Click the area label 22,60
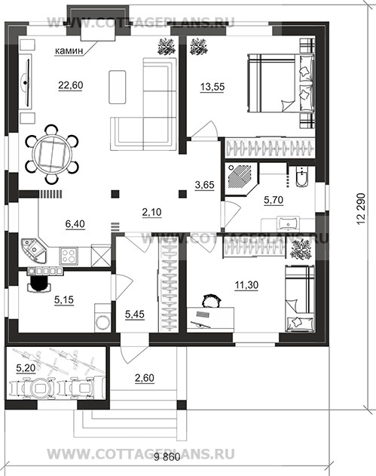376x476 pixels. coord(71,85)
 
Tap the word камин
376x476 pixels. coord(69,51)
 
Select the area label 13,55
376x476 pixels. coord(212,87)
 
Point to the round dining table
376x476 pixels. coord(52,154)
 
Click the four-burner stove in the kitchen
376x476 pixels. coord(69,256)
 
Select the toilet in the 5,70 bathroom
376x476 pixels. coord(301,177)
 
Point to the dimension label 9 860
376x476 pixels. coord(167,465)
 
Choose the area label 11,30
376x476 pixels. coord(246,285)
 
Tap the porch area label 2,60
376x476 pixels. coord(145,378)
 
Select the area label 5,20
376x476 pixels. coord(26,368)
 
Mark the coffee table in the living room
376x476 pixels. coord(117,87)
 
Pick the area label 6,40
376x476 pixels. coord(75,224)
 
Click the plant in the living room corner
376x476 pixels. coord(167,47)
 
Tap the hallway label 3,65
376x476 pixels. coord(204,185)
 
